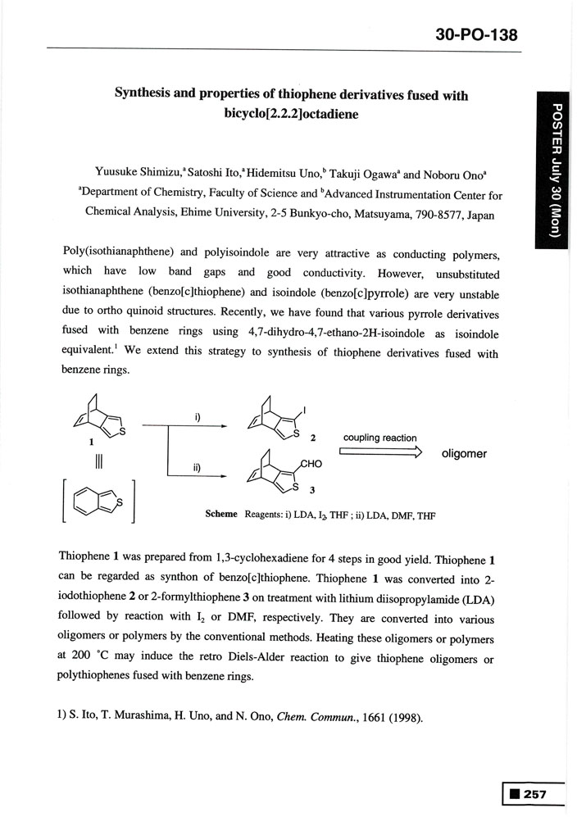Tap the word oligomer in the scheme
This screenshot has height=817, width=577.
tap(464, 454)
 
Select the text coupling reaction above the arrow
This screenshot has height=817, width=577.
tap(379, 438)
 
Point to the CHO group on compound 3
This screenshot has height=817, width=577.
tap(312, 464)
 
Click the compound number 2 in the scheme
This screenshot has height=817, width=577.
tap(314, 437)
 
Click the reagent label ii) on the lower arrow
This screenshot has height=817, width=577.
tap(197, 468)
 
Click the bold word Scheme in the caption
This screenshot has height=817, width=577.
tap(221, 515)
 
